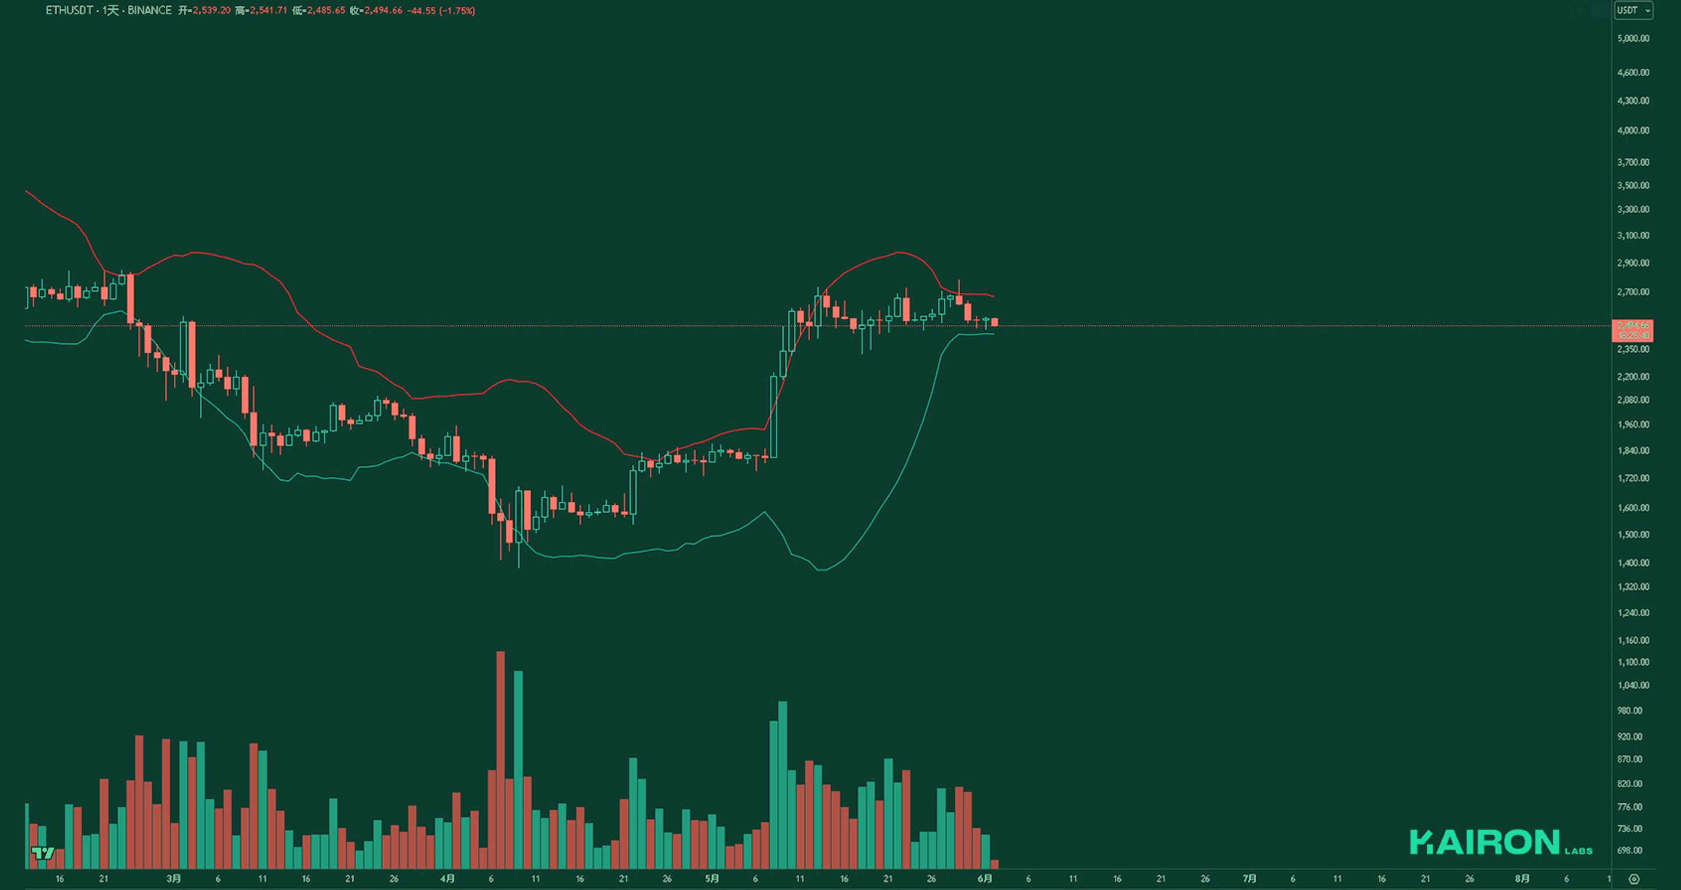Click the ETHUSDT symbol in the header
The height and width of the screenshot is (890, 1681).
point(69,11)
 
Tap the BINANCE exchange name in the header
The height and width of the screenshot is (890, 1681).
point(149,11)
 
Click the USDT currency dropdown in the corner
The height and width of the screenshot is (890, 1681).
point(1633,11)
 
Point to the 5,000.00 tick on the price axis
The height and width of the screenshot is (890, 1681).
point(1633,39)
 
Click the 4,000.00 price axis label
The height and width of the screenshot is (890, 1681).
point(1633,130)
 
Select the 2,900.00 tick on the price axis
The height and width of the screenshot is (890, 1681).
point(1633,263)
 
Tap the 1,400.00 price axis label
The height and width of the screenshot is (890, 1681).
point(1633,563)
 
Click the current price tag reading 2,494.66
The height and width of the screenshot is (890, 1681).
point(1633,326)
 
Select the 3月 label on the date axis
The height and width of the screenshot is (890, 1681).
point(174,879)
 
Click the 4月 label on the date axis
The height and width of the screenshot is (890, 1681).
point(447,879)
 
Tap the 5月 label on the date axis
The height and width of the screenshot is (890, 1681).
point(712,879)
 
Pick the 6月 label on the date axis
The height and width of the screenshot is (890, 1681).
point(985,879)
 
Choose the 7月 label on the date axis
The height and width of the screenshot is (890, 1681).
point(1249,879)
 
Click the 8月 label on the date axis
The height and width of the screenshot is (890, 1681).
point(1522,879)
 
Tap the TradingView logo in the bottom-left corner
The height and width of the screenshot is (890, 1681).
point(43,853)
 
